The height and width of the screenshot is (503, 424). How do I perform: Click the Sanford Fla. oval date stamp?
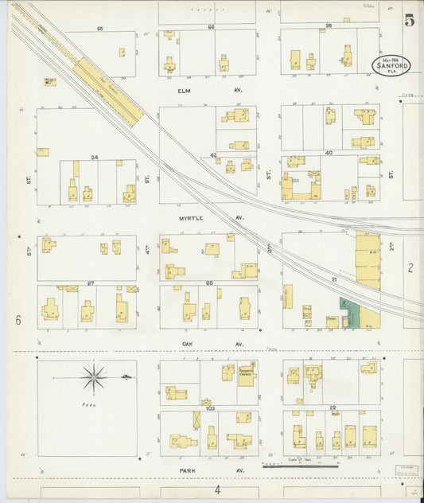click(391, 65)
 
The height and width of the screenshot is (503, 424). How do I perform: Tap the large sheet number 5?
click(409, 21)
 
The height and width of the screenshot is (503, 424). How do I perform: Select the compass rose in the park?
click(95, 377)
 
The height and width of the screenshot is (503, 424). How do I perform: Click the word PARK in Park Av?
click(188, 471)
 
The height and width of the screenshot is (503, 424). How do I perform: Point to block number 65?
click(100, 29)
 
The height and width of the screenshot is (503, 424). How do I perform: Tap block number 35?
click(329, 25)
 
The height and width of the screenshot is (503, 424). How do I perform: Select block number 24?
click(94, 157)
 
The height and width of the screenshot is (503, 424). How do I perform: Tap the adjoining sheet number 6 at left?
click(17, 320)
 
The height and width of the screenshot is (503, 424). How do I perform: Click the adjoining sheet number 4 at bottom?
click(216, 489)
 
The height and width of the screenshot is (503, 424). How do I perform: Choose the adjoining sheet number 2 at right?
click(410, 268)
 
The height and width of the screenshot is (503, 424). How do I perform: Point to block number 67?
click(91, 283)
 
